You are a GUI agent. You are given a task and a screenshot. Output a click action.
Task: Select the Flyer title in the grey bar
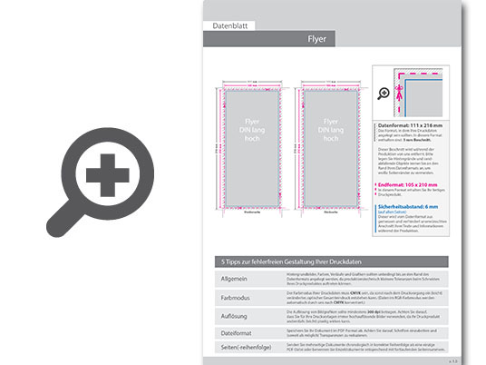[316, 39]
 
